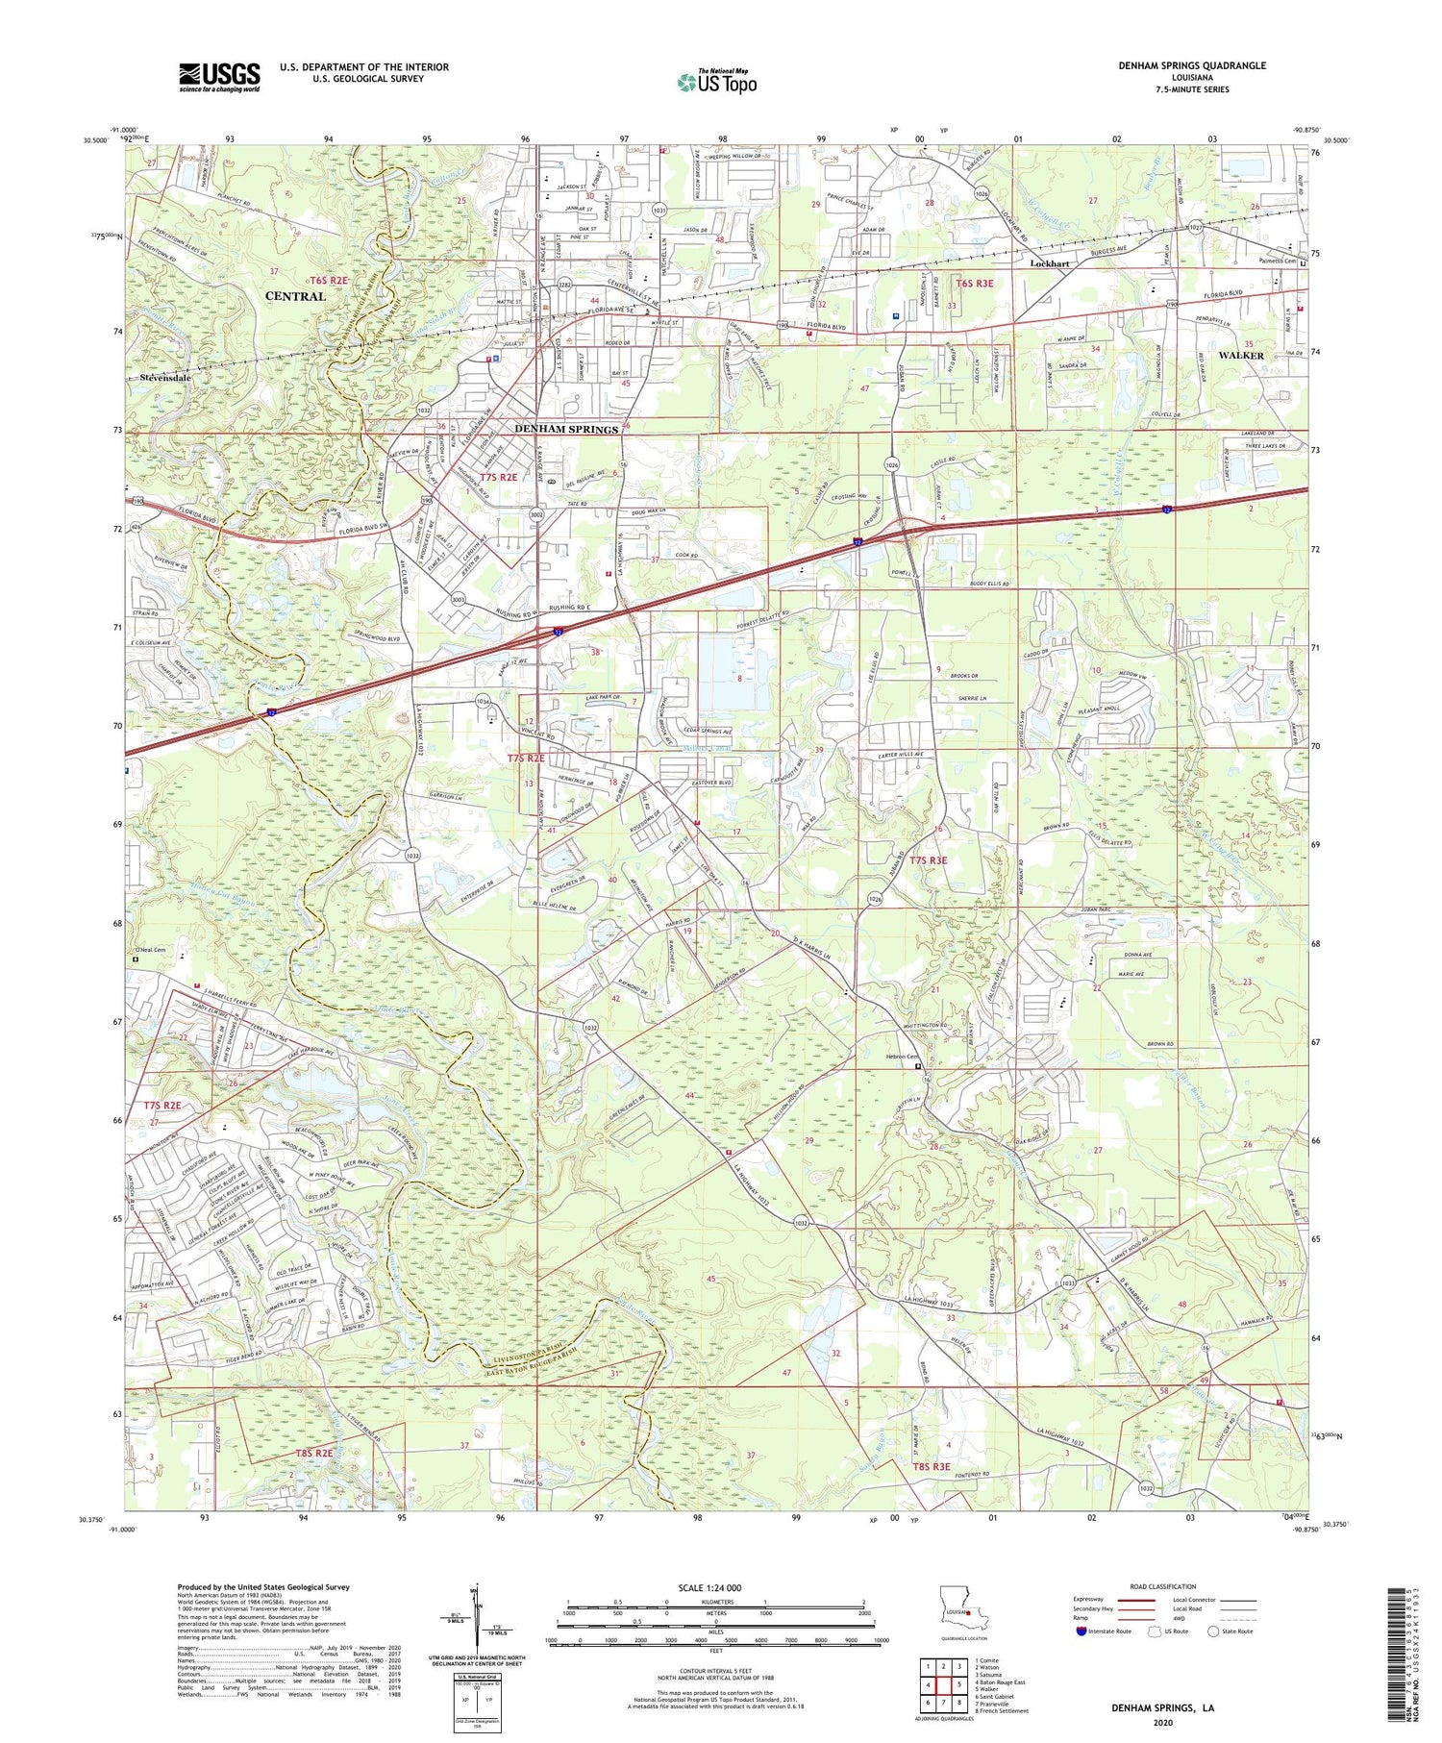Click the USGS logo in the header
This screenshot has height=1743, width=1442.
click(x=219, y=77)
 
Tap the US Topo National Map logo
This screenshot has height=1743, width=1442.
click(x=716, y=82)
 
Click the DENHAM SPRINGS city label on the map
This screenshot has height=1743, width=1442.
click(x=566, y=429)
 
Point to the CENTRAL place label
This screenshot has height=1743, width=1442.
click(x=295, y=296)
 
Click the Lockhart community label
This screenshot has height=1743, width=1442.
click(x=1049, y=262)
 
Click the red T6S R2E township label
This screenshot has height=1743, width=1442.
click(x=328, y=280)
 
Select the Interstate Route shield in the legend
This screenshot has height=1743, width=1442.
click(x=1081, y=1631)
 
